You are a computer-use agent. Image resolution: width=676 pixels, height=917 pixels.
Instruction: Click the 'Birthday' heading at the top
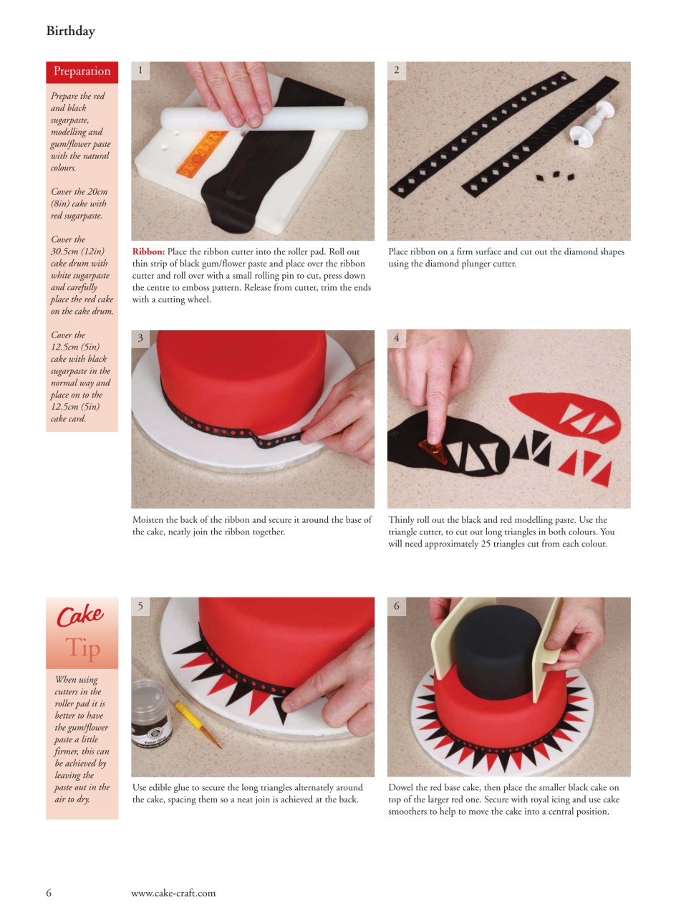click(70, 31)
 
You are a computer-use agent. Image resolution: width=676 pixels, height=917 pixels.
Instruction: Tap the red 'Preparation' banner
click(82, 71)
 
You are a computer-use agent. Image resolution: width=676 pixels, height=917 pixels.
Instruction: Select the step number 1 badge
click(140, 70)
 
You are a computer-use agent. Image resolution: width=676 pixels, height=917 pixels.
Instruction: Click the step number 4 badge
click(397, 337)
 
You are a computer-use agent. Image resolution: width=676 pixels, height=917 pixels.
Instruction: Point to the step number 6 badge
click(397, 606)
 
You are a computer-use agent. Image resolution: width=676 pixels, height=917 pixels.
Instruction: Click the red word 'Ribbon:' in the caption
click(148, 252)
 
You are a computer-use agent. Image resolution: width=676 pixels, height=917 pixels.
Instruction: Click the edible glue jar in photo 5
click(151, 717)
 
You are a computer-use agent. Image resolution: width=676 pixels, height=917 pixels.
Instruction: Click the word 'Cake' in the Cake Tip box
click(79, 615)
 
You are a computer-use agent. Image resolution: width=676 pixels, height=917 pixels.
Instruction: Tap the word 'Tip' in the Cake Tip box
click(83, 648)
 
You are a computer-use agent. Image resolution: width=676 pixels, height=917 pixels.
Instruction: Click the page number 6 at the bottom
click(49, 893)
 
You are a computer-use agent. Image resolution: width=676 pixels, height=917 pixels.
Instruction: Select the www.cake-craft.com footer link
click(173, 893)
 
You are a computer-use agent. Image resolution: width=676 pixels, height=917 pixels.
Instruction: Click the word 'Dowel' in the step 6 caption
click(402, 788)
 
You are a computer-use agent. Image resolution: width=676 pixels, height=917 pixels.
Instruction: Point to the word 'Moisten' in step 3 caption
click(149, 520)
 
